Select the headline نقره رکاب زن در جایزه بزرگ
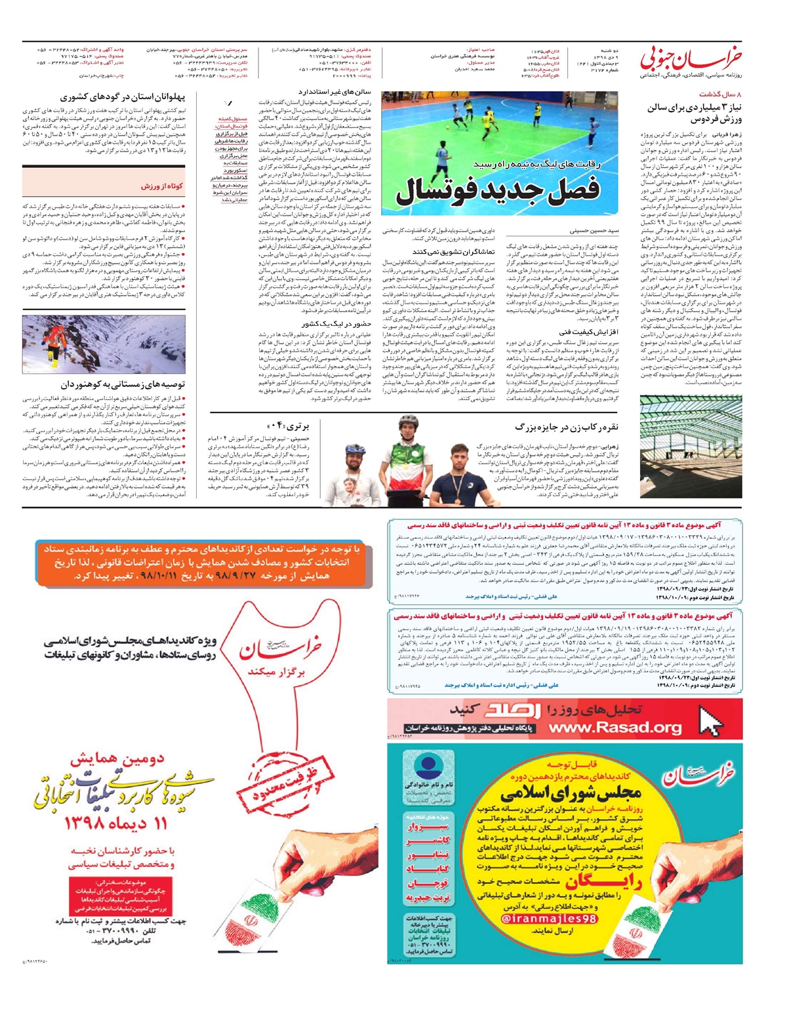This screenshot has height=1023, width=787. point(567,427)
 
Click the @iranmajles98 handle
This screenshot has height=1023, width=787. point(548,919)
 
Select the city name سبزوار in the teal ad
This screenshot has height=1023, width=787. point(427,828)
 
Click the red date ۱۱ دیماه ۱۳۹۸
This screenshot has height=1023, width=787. point(115,824)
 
